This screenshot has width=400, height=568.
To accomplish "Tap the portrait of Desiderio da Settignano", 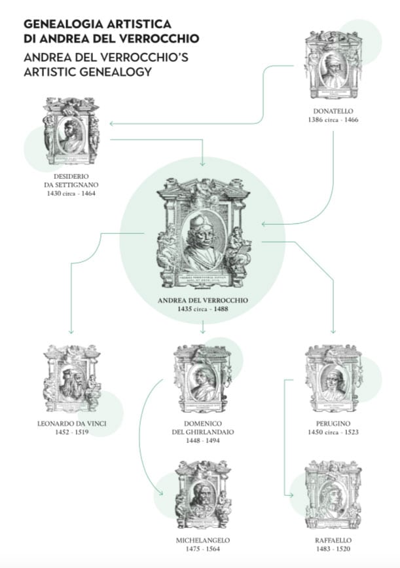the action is click(x=71, y=132).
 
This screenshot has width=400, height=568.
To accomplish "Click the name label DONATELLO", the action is click(x=333, y=111).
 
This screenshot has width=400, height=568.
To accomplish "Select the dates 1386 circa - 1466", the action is click(x=333, y=121).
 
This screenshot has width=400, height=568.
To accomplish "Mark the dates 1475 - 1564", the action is click(x=203, y=549).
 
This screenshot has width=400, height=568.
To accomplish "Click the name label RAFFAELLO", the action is click(x=334, y=540).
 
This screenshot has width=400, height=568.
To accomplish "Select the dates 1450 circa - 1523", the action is click(x=334, y=432).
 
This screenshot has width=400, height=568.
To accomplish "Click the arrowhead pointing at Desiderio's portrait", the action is click(x=112, y=123).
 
